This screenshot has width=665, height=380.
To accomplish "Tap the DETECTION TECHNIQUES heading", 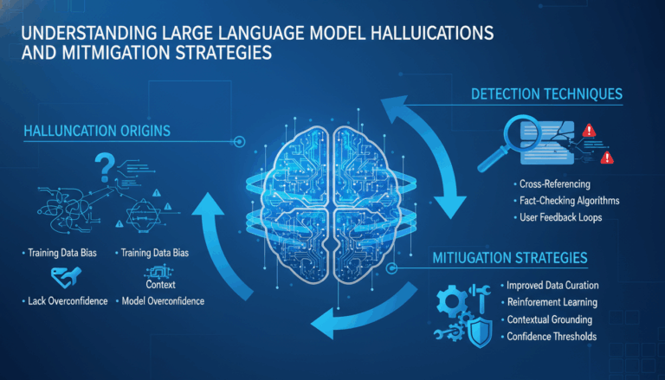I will point(546,93).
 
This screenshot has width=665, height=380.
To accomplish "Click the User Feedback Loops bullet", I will point(560,217).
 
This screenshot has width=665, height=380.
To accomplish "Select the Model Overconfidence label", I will point(162,301).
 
